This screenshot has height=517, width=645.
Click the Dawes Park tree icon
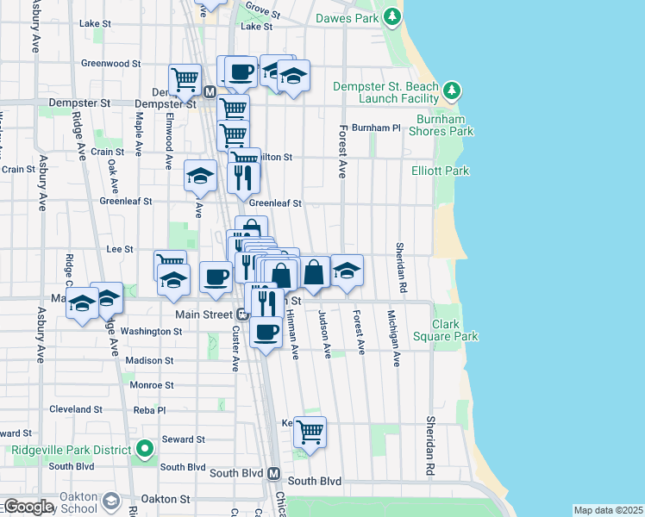[392, 16]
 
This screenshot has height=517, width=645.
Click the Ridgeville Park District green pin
[145, 449]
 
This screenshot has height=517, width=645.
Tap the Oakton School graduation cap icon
[110, 501]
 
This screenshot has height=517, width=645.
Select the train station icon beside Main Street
[244, 315]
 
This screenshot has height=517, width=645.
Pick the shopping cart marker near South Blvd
[310, 430]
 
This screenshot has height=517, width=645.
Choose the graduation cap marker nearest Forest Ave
[347, 271]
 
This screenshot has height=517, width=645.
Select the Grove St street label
[263, 9]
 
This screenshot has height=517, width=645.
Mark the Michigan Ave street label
[393, 338]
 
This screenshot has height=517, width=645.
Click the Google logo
[28, 507]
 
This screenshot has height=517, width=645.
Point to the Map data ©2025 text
[608, 510]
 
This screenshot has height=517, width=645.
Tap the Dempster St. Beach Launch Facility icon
[451, 90]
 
